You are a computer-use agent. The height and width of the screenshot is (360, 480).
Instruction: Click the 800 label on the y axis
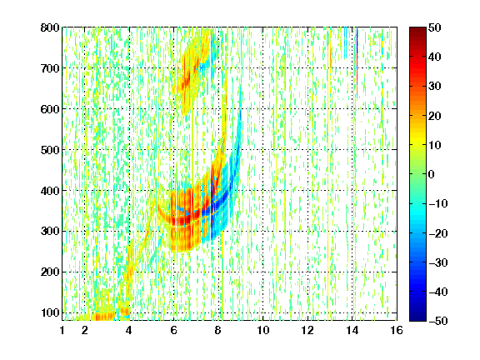(x=50, y=27)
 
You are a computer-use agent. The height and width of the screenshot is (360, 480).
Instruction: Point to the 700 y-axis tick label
(x=50, y=68)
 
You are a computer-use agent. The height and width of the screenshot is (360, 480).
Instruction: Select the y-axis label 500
(x=50, y=150)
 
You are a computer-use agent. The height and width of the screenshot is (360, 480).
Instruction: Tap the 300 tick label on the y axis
(x=50, y=231)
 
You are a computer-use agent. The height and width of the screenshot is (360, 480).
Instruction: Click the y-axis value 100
(x=50, y=312)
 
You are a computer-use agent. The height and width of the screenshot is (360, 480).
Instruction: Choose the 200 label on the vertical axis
(x=50, y=272)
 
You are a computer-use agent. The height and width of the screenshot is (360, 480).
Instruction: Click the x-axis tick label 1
(x=62, y=330)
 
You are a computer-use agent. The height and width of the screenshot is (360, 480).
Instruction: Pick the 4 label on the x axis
(x=129, y=330)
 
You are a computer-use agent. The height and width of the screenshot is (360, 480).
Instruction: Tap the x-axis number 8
(x=218, y=330)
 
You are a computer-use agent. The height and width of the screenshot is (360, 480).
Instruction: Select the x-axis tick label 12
(x=307, y=330)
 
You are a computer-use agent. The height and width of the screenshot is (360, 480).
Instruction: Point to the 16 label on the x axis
(x=397, y=330)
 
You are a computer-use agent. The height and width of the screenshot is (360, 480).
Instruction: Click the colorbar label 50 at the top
(x=435, y=27)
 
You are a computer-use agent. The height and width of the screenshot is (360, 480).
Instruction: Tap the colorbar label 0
(x=432, y=174)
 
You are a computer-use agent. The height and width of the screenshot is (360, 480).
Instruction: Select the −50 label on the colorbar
(x=438, y=321)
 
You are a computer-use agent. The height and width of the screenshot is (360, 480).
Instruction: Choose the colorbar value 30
(x=435, y=87)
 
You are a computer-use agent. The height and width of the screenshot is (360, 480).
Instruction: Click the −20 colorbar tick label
(x=438, y=233)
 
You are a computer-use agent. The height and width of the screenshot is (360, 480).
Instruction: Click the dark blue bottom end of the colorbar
(x=417, y=318)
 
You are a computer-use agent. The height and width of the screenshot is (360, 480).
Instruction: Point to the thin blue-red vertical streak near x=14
(x=357, y=61)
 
